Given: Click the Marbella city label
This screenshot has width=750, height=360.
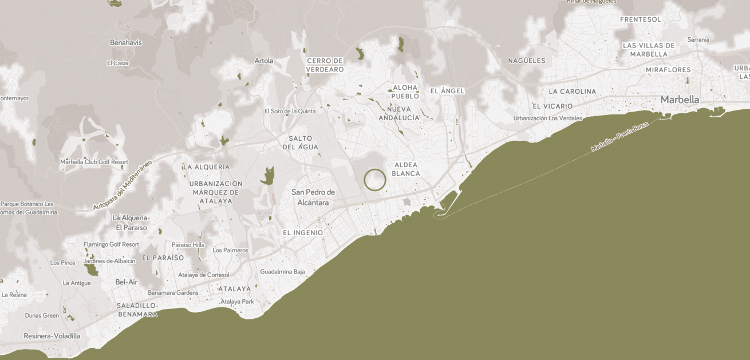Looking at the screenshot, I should [x=680, y=100].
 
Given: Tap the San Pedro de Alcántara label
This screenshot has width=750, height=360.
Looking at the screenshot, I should [x=313, y=197].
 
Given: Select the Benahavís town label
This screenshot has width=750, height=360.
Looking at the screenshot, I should [x=126, y=42].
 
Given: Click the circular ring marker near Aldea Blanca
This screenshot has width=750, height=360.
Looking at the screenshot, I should [x=375, y=180].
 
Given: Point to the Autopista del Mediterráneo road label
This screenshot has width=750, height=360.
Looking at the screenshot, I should [x=123, y=185].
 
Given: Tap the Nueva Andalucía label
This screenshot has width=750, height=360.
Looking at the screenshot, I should [x=399, y=113].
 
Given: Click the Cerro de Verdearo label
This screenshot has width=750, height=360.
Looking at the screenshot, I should [x=325, y=65].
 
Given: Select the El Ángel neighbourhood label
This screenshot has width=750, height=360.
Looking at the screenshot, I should [x=447, y=91].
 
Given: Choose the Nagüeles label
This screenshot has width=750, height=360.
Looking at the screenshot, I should [x=527, y=61].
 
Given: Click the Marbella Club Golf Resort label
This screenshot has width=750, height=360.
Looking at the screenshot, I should [x=94, y=162].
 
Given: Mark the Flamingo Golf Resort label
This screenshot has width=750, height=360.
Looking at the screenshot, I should [x=111, y=244].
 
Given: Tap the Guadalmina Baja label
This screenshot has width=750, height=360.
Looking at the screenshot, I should [x=283, y=272].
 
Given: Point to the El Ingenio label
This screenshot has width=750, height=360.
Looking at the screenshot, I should [x=303, y=233].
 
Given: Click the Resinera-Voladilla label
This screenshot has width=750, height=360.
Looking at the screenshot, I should [x=52, y=336].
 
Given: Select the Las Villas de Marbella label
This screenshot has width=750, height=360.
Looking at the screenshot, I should [x=649, y=49].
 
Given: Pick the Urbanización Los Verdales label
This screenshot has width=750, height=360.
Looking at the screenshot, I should [x=547, y=118].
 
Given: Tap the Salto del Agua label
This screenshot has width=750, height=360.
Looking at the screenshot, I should [x=301, y=143].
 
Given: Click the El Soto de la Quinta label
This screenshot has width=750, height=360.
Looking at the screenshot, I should [x=290, y=111].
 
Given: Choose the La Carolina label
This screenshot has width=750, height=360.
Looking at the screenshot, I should [x=572, y=92].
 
